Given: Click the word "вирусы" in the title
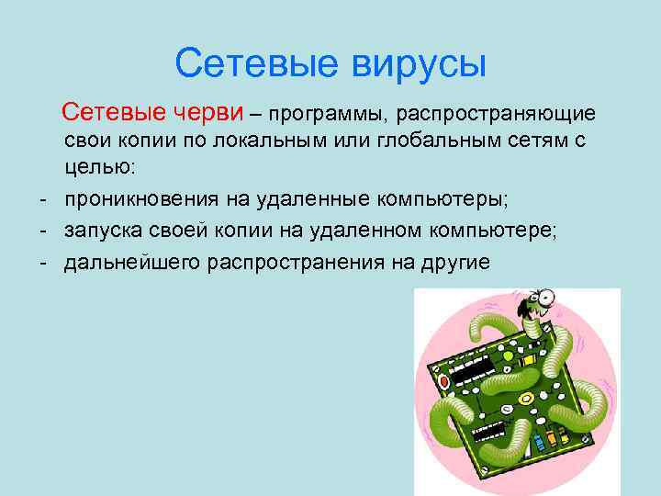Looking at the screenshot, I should (x=417, y=64).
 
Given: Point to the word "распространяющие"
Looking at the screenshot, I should (x=497, y=114).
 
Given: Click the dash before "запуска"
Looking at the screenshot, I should (x=43, y=230).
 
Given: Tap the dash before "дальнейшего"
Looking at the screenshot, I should (x=43, y=260).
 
